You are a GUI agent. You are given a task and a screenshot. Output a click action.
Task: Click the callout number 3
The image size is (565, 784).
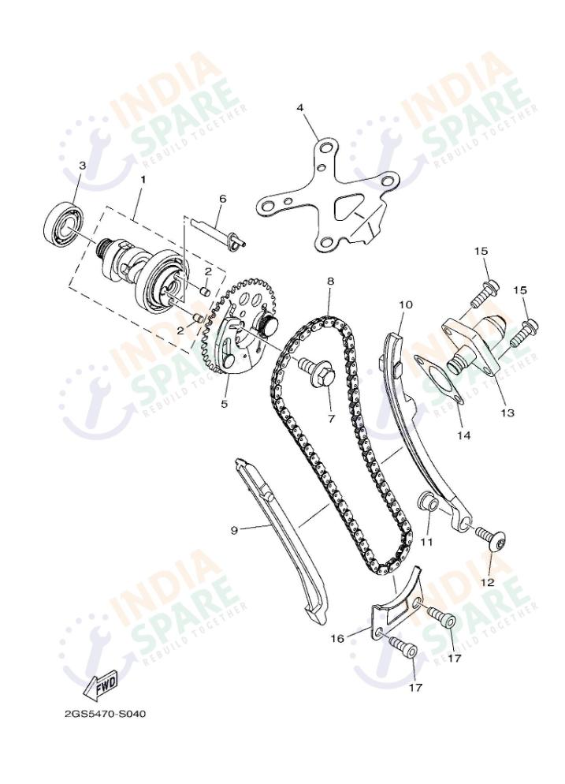81,166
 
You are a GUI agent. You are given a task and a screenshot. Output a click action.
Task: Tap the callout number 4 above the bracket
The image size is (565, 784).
300,107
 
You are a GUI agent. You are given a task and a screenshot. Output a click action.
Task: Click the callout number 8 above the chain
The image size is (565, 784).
330,281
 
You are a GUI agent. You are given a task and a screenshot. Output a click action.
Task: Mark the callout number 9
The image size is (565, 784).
234,530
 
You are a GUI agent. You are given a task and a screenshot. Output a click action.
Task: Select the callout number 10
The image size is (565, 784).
405,304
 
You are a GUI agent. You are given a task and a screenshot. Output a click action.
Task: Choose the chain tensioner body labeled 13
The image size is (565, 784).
473,339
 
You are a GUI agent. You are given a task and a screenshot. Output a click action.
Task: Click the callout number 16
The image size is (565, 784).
336,639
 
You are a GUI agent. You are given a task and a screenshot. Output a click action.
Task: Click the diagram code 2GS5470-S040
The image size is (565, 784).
105,714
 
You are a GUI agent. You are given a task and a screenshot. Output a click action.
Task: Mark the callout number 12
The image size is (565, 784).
487,582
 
